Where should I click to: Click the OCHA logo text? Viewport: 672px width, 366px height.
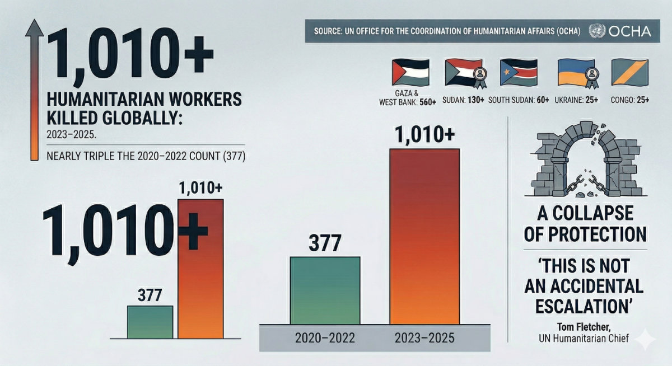click(x=630, y=31)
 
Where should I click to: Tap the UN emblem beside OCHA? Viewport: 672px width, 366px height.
click(x=597, y=31)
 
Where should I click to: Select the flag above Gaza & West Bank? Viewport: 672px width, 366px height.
click(x=410, y=72)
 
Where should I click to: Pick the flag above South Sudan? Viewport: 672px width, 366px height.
click(x=519, y=72)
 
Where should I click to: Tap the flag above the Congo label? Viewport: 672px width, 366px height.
click(x=630, y=72)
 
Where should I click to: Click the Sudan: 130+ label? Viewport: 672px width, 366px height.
click(x=463, y=100)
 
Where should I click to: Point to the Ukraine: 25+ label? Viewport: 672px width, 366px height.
click(x=576, y=100)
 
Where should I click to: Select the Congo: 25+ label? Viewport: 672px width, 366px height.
click(x=629, y=100)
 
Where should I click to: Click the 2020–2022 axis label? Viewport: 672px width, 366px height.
click(x=325, y=338)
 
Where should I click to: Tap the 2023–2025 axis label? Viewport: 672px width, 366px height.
click(x=424, y=338)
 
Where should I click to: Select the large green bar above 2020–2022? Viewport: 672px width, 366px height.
click(x=325, y=290)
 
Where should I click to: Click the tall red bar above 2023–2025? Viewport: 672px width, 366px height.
click(x=425, y=237)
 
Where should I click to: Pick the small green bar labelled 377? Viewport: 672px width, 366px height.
click(x=150, y=322)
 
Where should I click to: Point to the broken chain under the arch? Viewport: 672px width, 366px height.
click(x=586, y=184)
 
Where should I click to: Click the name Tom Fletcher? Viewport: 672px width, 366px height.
click(x=584, y=327)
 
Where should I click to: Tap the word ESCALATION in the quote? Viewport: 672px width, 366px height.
click(x=584, y=306)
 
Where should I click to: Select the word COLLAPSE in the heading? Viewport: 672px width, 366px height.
click(x=593, y=213)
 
